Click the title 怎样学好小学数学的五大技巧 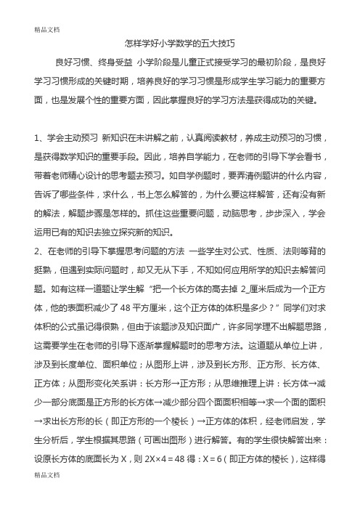[x=179, y=44]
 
